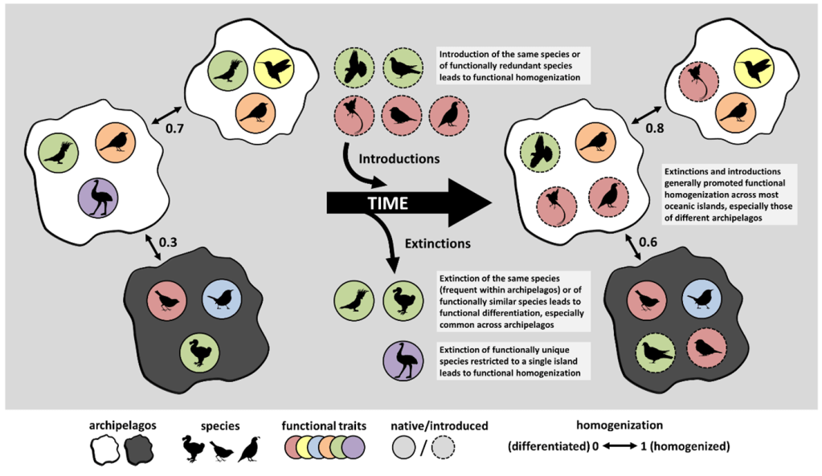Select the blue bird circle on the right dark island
tap(701, 298)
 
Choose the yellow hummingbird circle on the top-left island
tap(273, 70)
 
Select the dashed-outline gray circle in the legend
tap(448, 448)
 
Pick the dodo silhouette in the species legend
tap(195, 448)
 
